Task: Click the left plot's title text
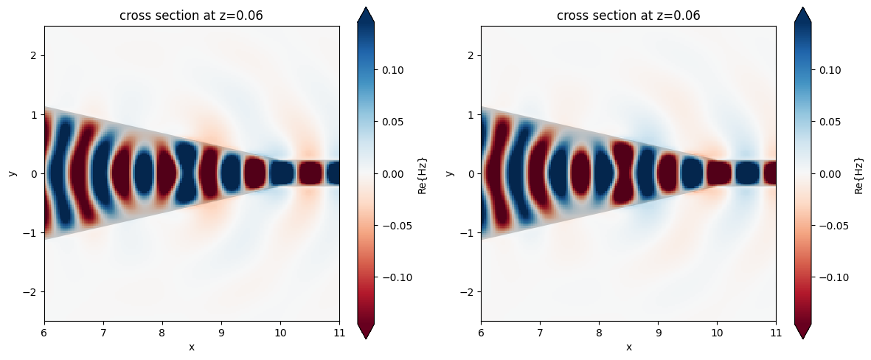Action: (x=192, y=15)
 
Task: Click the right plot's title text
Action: (x=628, y=15)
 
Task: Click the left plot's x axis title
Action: (x=192, y=347)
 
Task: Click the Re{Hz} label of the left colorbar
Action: (x=423, y=174)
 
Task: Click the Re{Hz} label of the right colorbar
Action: (x=859, y=174)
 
